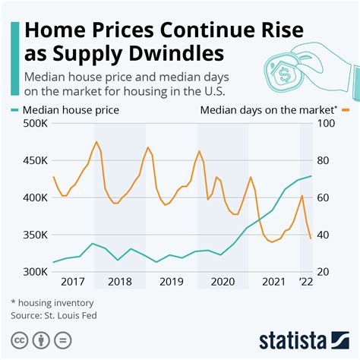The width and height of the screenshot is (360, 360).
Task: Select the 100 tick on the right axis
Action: (x=327, y=124)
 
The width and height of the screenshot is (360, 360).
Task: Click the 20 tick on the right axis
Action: (x=324, y=272)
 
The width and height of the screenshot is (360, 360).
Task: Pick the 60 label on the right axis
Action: (x=324, y=197)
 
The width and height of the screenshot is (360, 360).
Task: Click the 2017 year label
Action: (x=72, y=282)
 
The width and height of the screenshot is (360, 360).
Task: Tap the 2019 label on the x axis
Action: (x=171, y=282)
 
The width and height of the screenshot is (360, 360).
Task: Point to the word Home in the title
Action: (x=55, y=30)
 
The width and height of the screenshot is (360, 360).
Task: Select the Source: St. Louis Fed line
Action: (x=54, y=314)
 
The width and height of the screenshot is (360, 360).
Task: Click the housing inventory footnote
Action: (x=52, y=301)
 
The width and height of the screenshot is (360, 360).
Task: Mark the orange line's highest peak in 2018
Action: (x=96, y=142)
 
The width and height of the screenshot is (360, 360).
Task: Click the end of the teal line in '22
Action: (x=311, y=176)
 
